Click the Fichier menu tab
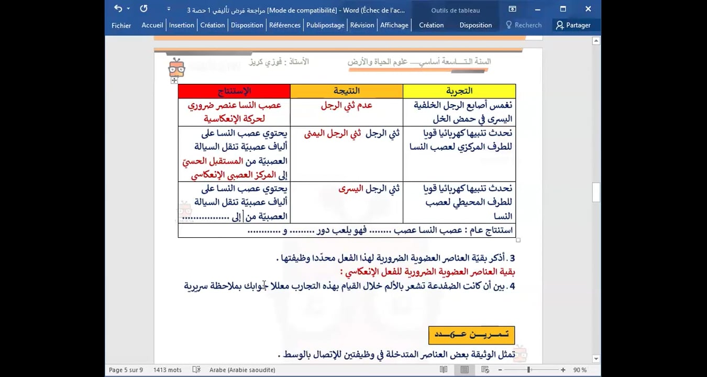coord(121,25)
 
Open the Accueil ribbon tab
coord(152,25)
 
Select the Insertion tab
coord(182,25)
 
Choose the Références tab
coord(285,25)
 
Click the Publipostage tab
coord(325,25)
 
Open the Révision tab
coord(362,25)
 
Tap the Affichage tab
coord(394,25)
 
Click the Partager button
coord(573,25)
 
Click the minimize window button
coord(538,9)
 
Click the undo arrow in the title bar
coord(118,9)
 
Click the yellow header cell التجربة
coord(459,91)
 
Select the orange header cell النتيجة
coord(347,91)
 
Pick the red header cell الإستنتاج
coord(234,91)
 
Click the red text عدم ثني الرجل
coord(347,105)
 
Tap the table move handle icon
coord(174,81)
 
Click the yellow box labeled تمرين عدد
coord(471,335)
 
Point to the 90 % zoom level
coord(579,370)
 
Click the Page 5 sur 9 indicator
coord(126,370)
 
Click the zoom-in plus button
coord(563,370)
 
